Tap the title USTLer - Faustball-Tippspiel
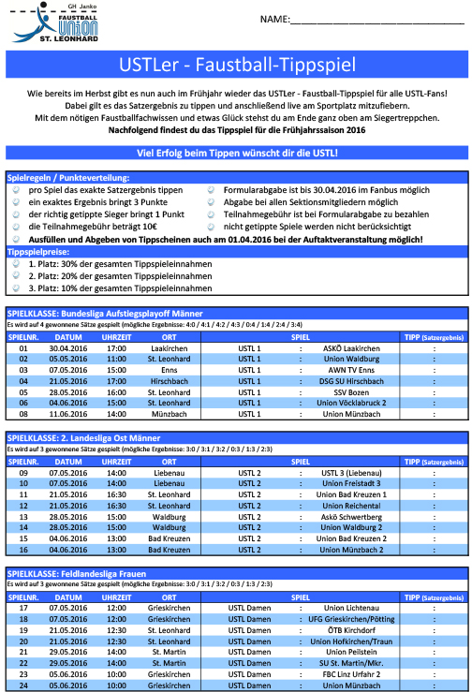coord(236,67)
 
